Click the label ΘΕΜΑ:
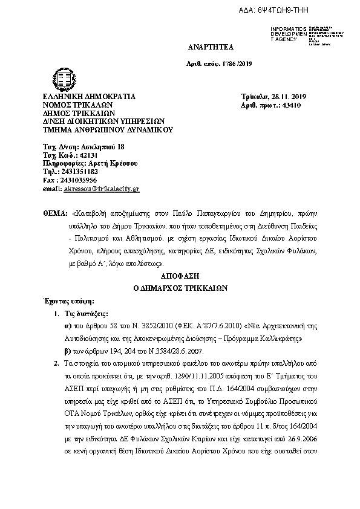point(55,214)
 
